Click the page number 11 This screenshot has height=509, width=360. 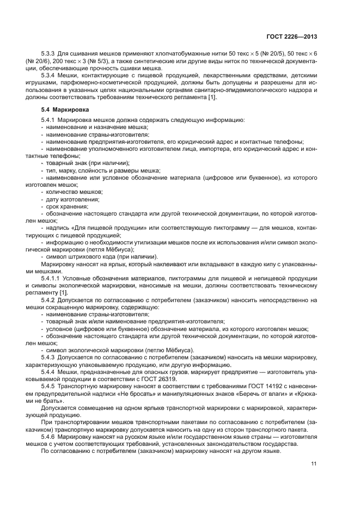click(314, 463)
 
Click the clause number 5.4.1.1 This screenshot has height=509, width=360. click(51, 279)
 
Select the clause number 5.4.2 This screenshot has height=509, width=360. click(49, 300)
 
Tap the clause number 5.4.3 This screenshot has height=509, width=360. click(49, 357)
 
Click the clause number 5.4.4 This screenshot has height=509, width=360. click(49, 371)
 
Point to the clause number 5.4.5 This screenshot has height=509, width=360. click(49, 385)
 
